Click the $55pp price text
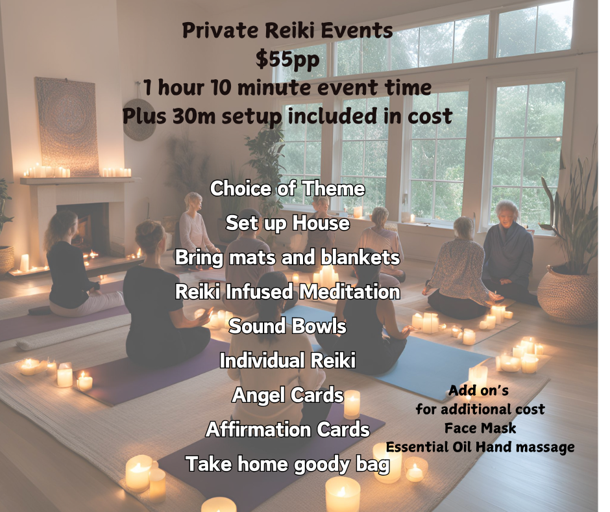point(287,59)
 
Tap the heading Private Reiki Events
point(287,31)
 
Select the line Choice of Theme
point(287,188)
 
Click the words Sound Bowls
point(287,326)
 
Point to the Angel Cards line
point(288,395)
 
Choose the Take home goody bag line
point(287,465)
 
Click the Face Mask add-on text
point(480,428)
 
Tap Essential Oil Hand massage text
point(480,447)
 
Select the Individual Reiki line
point(287,361)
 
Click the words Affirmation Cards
point(287,429)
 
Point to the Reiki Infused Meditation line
point(287,292)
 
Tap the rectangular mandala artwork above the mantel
point(67,125)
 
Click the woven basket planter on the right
point(567,295)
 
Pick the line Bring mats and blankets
point(287,257)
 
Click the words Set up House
point(287,224)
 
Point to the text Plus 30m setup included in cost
point(287,116)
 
